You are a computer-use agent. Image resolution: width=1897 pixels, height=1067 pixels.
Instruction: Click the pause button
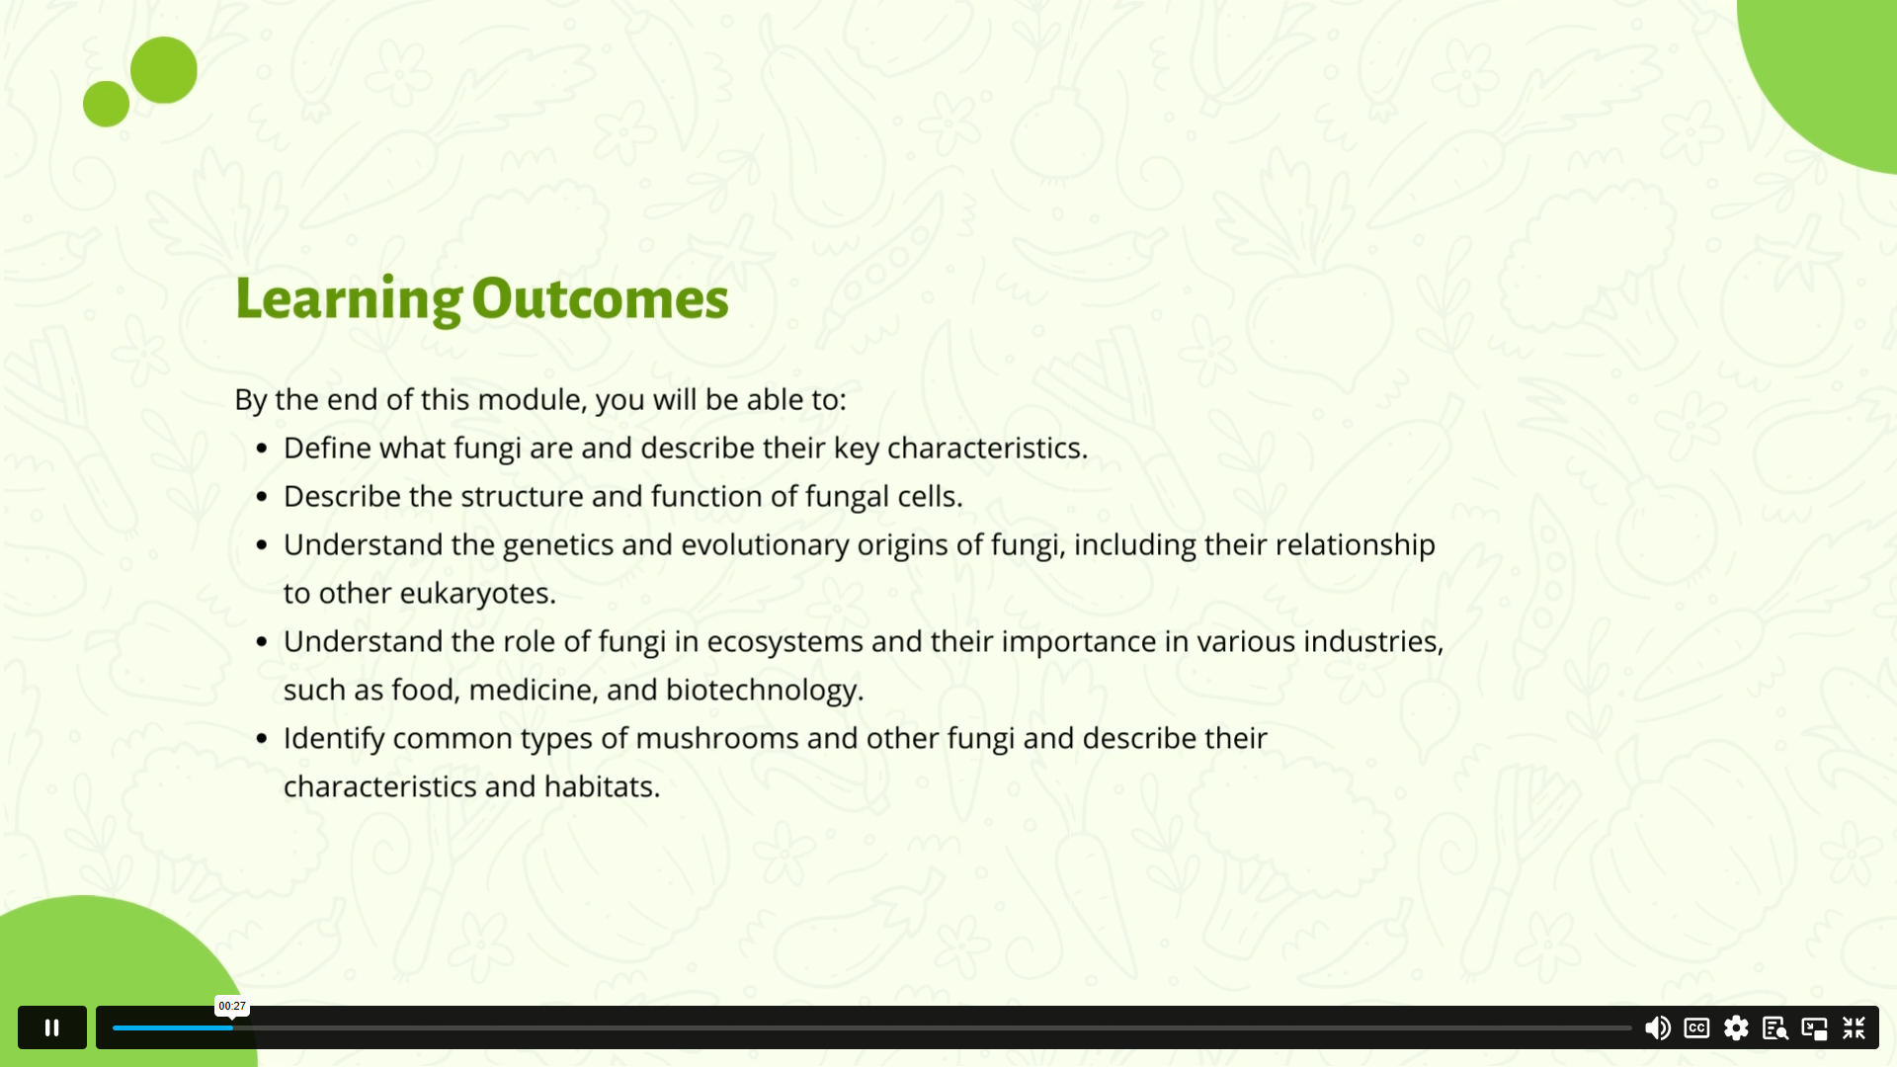pos(52,1027)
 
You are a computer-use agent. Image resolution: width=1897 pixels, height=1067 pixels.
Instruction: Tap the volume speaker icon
pos(1658,1028)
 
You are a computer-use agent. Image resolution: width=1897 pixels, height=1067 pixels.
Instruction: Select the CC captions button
pos(1696,1028)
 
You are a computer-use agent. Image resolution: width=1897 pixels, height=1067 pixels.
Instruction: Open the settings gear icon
pos(1736,1028)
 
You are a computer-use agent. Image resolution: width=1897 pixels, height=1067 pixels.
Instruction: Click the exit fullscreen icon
pos(1854,1028)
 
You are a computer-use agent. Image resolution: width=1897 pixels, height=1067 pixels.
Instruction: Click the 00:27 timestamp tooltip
pos(232,1006)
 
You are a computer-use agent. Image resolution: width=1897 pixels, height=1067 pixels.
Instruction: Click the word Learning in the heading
pos(349,299)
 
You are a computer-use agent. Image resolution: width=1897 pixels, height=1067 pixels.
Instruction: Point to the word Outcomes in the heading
pos(601,299)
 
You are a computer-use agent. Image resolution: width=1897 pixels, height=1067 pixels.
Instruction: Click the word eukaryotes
pos(477,594)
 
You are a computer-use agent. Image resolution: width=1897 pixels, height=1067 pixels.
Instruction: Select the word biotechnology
pos(765,691)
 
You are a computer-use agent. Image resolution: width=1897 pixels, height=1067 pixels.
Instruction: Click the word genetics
pos(558,545)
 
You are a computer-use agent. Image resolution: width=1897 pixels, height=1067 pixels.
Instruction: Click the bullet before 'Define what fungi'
pos(262,449)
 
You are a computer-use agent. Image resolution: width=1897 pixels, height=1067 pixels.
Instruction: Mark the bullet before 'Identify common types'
pos(262,739)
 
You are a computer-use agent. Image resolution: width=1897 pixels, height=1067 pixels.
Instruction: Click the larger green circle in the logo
pos(164,70)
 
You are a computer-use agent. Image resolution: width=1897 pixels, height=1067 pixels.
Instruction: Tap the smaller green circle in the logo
pos(107,104)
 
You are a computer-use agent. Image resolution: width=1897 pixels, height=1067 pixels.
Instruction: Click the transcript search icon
pos(1775,1028)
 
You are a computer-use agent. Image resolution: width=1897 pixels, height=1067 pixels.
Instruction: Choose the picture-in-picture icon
pos(1814,1028)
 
